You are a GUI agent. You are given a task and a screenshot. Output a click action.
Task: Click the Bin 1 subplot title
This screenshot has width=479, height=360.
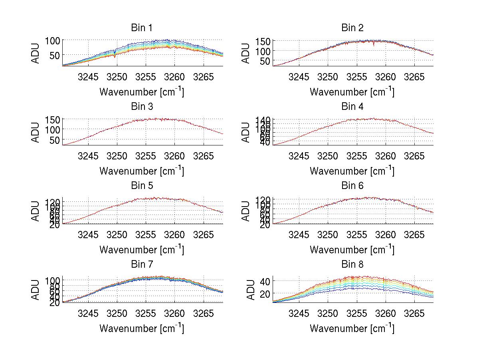142,28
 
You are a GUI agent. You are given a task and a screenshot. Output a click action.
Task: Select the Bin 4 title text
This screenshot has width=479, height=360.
352,107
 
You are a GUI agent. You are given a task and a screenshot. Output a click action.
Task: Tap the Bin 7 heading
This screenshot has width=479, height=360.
142,265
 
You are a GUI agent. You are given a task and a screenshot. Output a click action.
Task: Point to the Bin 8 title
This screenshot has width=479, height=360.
352,265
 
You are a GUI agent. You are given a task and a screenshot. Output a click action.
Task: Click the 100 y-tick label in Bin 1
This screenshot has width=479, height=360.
52,41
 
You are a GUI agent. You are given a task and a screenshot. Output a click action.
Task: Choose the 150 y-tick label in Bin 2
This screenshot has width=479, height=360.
262,41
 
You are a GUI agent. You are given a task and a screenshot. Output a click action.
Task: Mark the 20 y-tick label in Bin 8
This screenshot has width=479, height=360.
265,294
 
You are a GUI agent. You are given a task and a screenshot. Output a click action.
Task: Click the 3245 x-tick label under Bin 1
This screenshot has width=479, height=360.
88,76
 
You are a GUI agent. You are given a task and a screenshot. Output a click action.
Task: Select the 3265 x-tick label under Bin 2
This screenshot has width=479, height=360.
414,76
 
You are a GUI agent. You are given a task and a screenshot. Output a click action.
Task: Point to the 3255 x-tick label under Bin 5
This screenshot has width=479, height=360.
146,234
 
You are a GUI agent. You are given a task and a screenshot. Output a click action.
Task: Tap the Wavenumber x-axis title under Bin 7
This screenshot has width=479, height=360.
142,328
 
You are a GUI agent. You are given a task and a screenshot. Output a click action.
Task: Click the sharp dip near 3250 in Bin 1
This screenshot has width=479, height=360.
115,56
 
